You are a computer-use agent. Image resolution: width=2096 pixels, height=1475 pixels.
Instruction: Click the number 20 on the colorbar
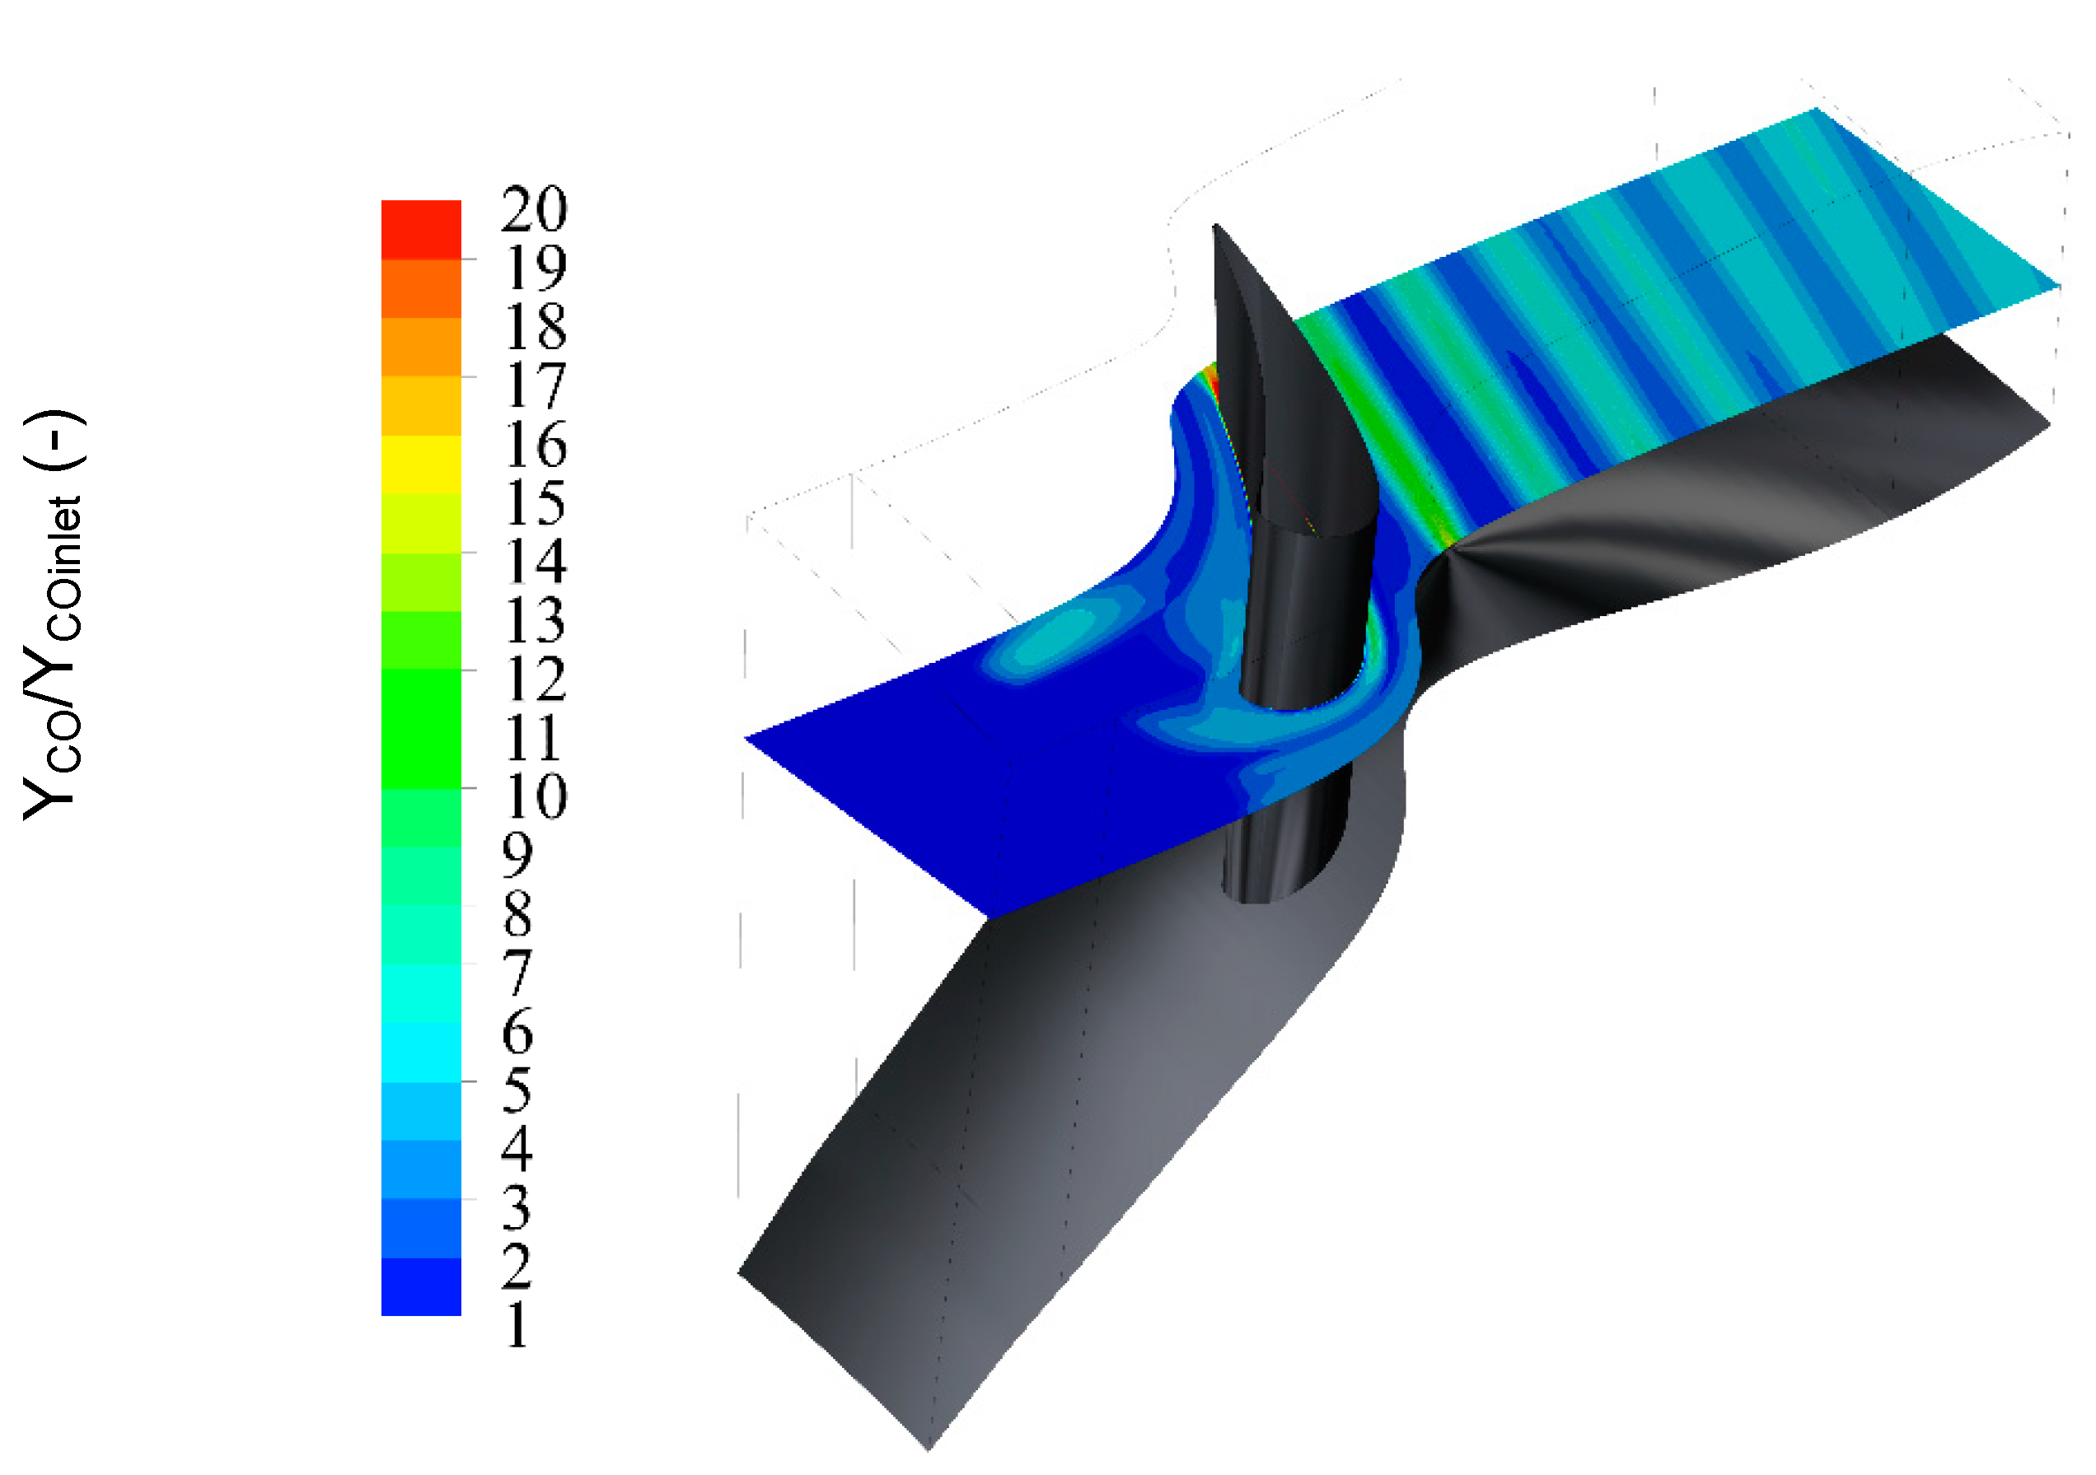click(x=534, y=209)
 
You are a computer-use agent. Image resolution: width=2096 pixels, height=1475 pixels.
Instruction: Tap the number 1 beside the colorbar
click(x=517, y=1324)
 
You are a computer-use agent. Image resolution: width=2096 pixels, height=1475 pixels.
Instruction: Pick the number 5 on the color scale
click(x=517, y=1090)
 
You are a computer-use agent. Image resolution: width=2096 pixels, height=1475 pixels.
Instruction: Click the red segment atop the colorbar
click(x=421, y=229)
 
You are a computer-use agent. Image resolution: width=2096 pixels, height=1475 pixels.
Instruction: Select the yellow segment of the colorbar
click(x=421, y=464)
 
